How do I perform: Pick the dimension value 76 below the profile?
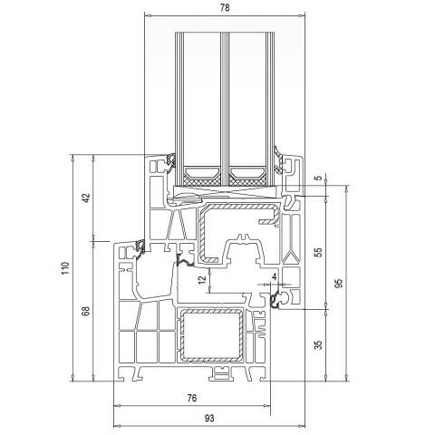(x=191, y=397)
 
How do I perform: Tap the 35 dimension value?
(x=316, y=344)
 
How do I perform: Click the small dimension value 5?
(x=316, y=179)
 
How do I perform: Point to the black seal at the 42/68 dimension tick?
(x=140, y=245)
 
